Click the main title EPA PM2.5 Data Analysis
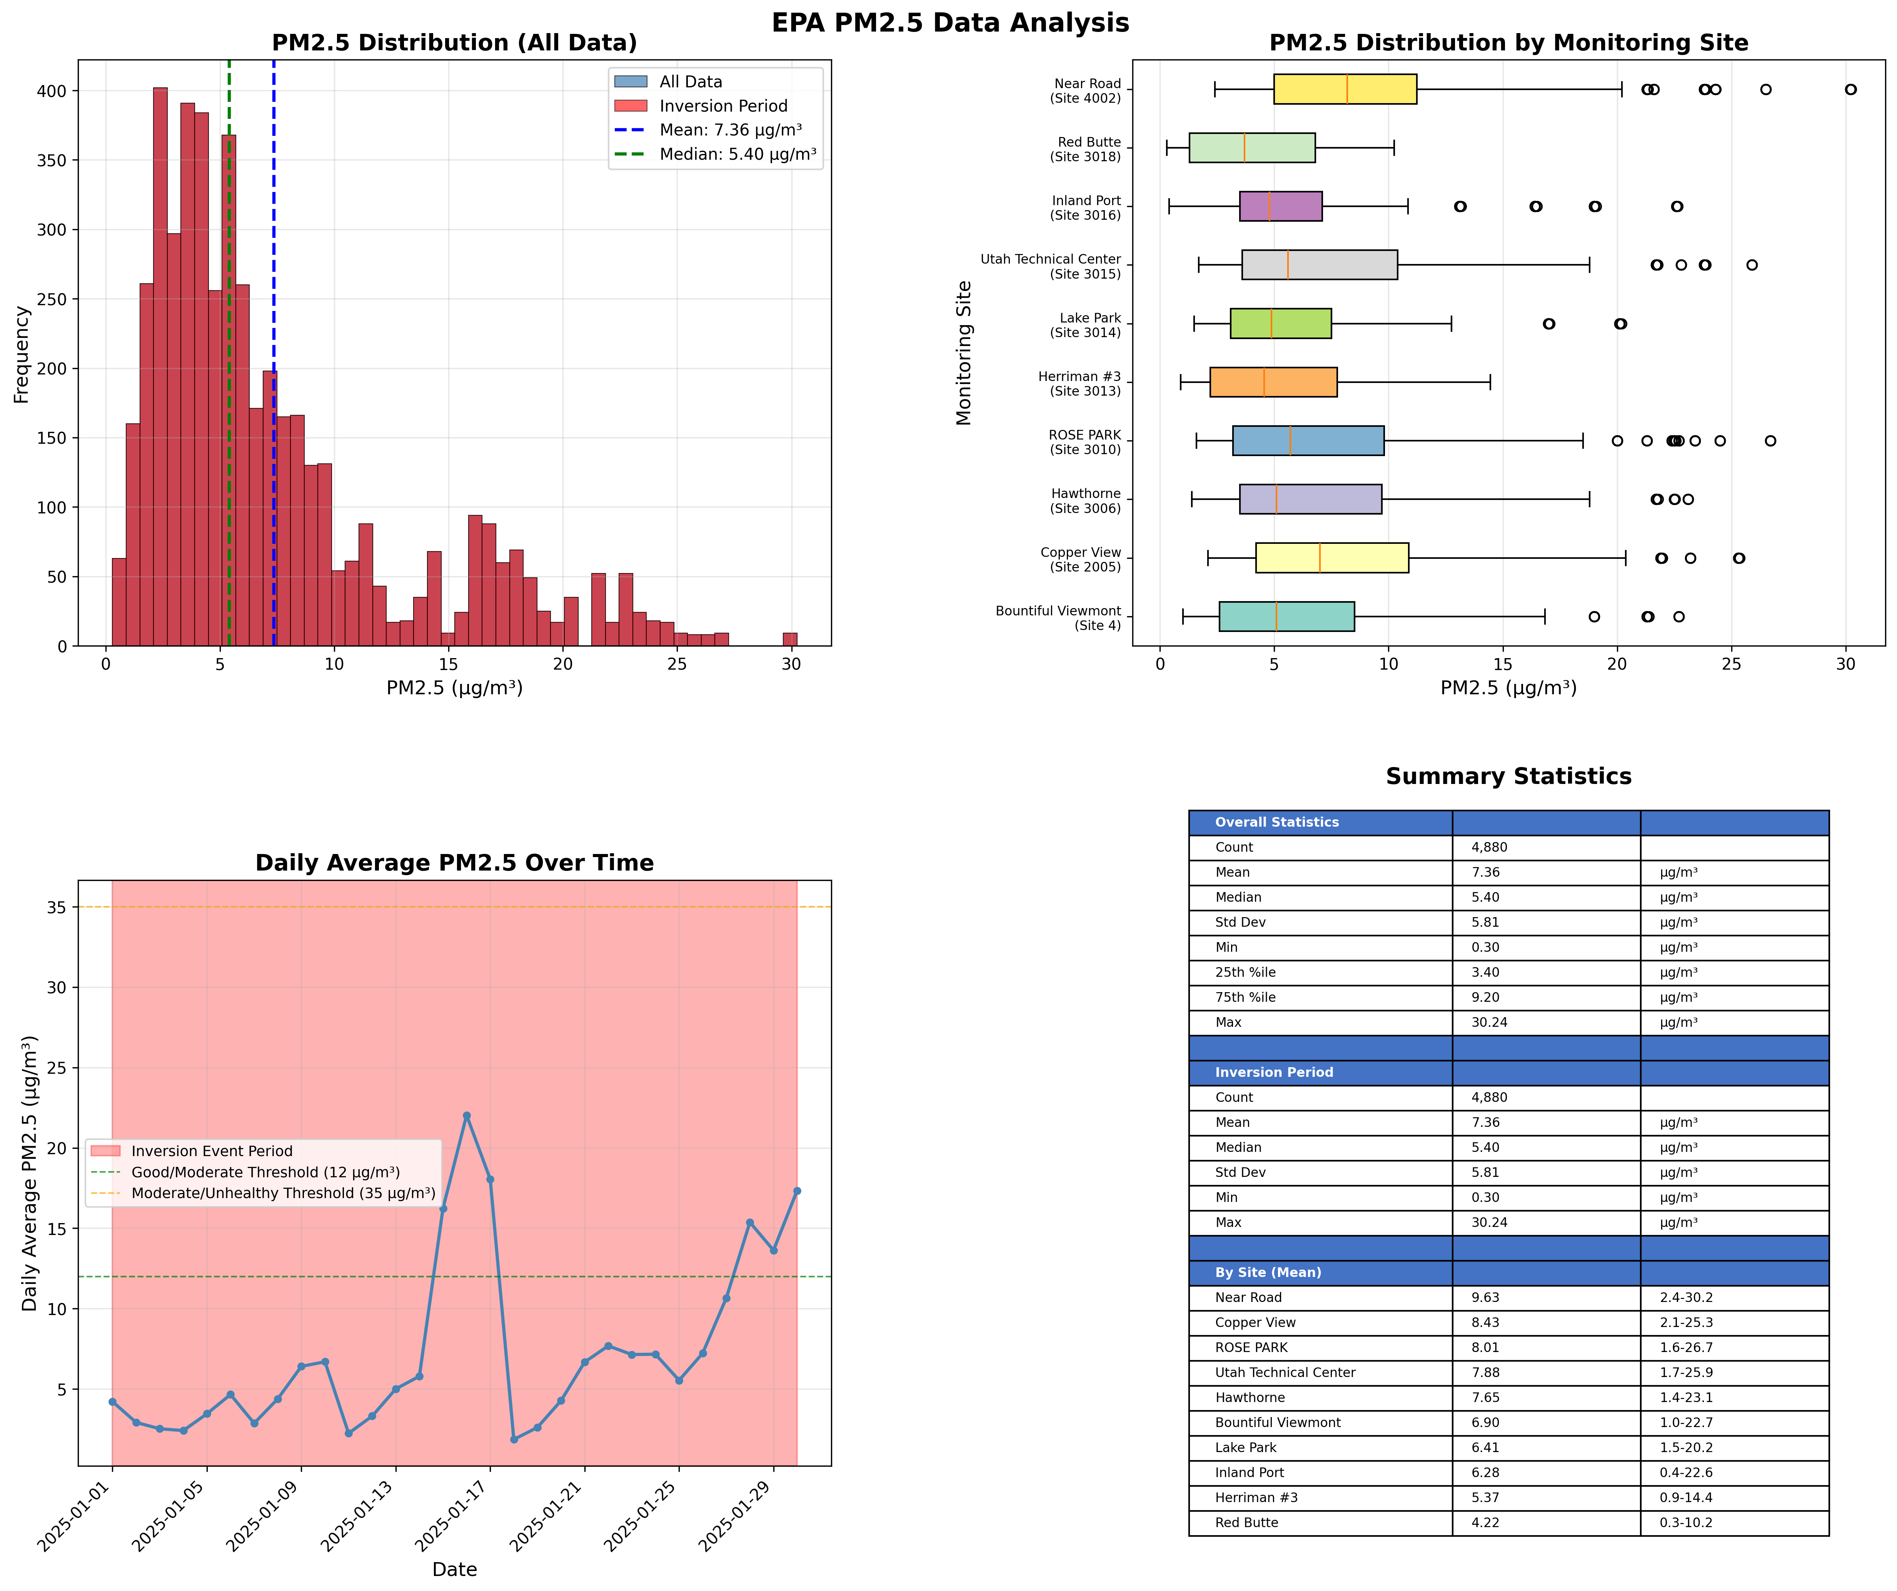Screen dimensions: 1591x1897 pyautogui.click(x=949, y=23)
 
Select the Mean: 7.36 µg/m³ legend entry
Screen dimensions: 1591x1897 pyautogui.click(x=730, y=130)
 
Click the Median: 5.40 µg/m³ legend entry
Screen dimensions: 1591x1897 pyautogui.click(x=737, y=154)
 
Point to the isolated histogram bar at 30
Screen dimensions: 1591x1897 pyautogui.click(x=789, y=639)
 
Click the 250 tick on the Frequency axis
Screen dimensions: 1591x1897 pyautogui.click(x=56, y=299)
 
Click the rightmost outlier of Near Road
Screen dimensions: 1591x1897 pyautogui.click(x=1850, y=89)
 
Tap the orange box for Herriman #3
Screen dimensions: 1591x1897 pyautogui.click(x=1273, y=382)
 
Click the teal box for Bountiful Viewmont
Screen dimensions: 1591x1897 pyautogui.click(x=1286, y=616)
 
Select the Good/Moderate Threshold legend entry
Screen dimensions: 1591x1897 pyautogui.click(x=265, y=1172)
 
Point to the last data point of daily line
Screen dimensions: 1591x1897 pyautogui.click(x=797, y=1191)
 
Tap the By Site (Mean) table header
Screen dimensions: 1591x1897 pyautogui.click(x=1267, y=1272)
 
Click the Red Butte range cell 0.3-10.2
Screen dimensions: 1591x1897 pyautogui.click(x=1686, y=1522)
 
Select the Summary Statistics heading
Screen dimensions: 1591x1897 pyautogui.click(x=1508, y=776)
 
